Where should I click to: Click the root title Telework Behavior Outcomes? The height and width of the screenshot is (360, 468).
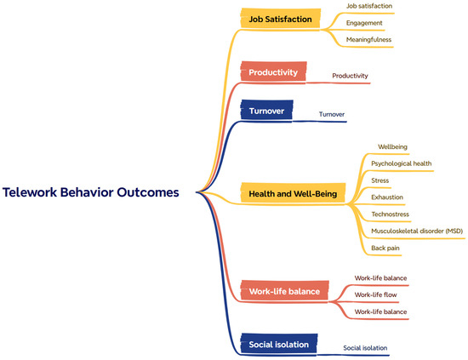[x=91, y=192]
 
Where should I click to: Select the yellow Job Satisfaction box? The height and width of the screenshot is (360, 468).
[x=281, y=19]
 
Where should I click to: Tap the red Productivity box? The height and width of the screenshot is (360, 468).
[x=273, y=71]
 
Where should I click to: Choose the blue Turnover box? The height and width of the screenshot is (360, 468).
[x=267, y=110]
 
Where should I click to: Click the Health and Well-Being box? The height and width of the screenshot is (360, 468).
[x=293, y=193]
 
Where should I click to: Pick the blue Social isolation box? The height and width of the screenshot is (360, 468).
[x=279, y=344]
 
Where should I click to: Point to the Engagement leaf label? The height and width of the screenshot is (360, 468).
[x=364, y=23]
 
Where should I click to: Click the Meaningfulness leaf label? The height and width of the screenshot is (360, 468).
[x=368, y=40]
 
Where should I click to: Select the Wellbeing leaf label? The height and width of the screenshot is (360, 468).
[x=392, y=146]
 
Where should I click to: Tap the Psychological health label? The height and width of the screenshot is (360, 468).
[x=401, y=163]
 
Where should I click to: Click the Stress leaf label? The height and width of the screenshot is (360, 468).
[x=380, y=180]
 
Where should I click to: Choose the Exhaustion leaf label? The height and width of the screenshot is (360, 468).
[x=387, y=197]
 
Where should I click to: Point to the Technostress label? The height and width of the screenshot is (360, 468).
[x=390, y=214]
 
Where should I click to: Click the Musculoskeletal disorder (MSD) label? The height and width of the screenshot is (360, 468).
[x=417, y=231]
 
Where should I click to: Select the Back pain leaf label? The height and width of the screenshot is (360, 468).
[x=385, y=248]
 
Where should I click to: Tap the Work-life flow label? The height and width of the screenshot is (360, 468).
[x=375, y=294]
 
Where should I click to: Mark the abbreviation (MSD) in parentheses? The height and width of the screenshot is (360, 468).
[x=454, y=231]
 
